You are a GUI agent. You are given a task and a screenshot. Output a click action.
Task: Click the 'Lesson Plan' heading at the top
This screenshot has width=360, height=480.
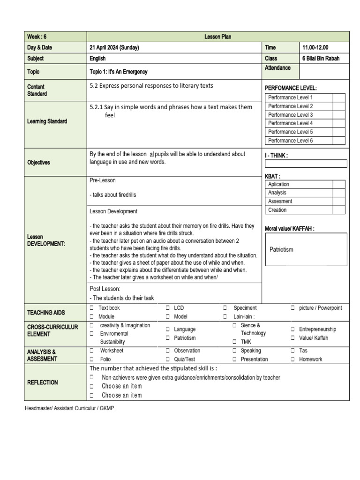(218, 37)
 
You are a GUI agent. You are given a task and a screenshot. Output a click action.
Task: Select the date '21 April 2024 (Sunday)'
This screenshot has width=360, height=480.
(114, 47)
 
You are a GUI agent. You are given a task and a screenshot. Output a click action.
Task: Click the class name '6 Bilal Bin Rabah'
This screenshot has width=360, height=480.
(321, 59)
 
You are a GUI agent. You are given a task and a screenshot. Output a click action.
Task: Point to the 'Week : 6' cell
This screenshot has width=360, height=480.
(37, 37)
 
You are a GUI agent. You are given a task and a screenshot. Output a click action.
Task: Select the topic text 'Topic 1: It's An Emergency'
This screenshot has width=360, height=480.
(119, 72)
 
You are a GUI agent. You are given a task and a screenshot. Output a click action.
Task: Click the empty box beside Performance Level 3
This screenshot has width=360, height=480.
(338, 115)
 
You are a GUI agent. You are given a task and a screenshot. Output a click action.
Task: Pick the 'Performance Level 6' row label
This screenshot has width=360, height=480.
(290, 141)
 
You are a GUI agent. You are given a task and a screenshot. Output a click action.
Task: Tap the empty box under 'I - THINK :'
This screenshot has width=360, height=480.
(306, 164)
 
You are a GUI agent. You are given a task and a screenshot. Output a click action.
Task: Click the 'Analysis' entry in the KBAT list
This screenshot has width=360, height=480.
(277, 193)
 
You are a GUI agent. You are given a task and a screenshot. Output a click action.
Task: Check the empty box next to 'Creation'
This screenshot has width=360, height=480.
(338, 210)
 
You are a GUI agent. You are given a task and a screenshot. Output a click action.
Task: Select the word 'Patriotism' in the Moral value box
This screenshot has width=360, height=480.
(281, 249)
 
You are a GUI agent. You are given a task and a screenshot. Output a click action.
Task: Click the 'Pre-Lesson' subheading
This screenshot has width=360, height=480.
(102, 180)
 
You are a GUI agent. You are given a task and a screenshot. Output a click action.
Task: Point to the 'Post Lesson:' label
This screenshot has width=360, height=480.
(105, 289)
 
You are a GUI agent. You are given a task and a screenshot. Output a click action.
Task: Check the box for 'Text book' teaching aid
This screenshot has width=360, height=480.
(92, 308)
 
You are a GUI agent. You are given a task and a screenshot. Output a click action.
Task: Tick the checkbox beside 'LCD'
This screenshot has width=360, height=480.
(167, 308)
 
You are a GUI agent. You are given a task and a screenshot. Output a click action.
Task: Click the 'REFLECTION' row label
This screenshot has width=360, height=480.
(43, 382)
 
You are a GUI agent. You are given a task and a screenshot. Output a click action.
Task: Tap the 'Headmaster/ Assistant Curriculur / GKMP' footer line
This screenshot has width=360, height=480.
(70, 408)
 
